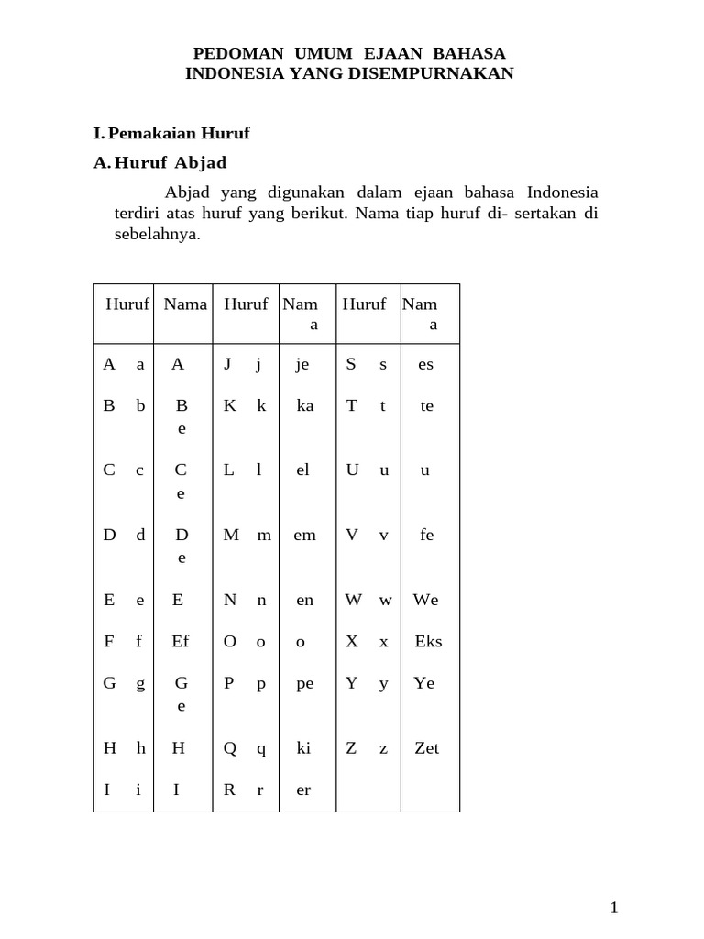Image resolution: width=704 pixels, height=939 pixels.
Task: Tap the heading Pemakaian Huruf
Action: coord(179,133)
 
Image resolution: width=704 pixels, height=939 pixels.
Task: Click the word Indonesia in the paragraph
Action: coord(563,193)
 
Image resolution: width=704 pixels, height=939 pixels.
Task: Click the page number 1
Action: coord(614,908)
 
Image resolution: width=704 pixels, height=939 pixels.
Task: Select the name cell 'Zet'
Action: coord(426,748)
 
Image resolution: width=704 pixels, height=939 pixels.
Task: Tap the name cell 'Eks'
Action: coord(428,641)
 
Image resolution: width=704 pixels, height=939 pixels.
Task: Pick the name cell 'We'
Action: coord(425,600)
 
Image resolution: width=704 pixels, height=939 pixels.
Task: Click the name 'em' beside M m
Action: coord(304,535)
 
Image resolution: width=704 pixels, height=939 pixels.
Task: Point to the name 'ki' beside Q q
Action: coord(303,748)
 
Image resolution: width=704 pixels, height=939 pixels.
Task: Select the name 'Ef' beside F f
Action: coord(181,641)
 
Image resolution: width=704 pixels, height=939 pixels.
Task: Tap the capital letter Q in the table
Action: coord(230,748)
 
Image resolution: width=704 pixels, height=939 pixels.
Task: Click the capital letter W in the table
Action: coord(353,600)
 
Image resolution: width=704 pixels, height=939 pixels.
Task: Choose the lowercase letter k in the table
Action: coord(261,405)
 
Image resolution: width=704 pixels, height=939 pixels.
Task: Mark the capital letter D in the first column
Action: coord(110,535)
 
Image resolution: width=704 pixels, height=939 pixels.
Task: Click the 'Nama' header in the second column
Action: coord(185,304)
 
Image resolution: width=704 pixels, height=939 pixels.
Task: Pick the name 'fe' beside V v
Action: coord(426,535)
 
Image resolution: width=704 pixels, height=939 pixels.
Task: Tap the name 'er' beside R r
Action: coord(304,790)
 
